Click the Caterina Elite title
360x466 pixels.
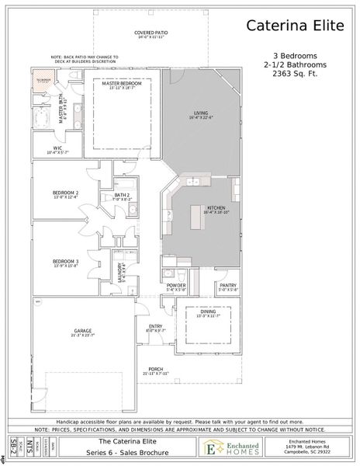point(295,26)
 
